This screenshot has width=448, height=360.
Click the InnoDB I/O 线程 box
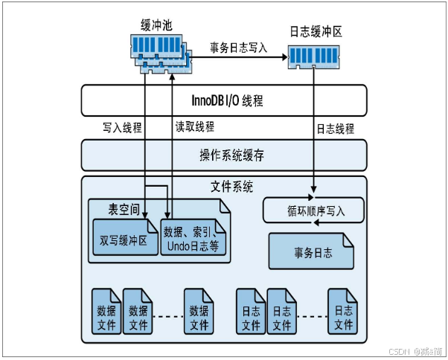pyautogui.click(x=224, y=100)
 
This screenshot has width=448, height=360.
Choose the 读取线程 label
pyautogui.click(x=196, y=127)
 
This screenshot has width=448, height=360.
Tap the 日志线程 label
pyautogui.click(x=335, y=128)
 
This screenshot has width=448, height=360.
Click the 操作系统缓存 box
pyautogui.click(x=224, y=155)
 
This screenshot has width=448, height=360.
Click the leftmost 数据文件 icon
pyautogui.click(x=106, y=311)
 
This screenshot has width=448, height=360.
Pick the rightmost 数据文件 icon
pyautogui.click(x=199, y=311)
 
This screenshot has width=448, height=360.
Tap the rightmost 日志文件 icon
pyautogui.click(x=343, y=311)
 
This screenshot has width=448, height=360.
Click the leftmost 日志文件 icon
pyautogui.click(x=251, y=311)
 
